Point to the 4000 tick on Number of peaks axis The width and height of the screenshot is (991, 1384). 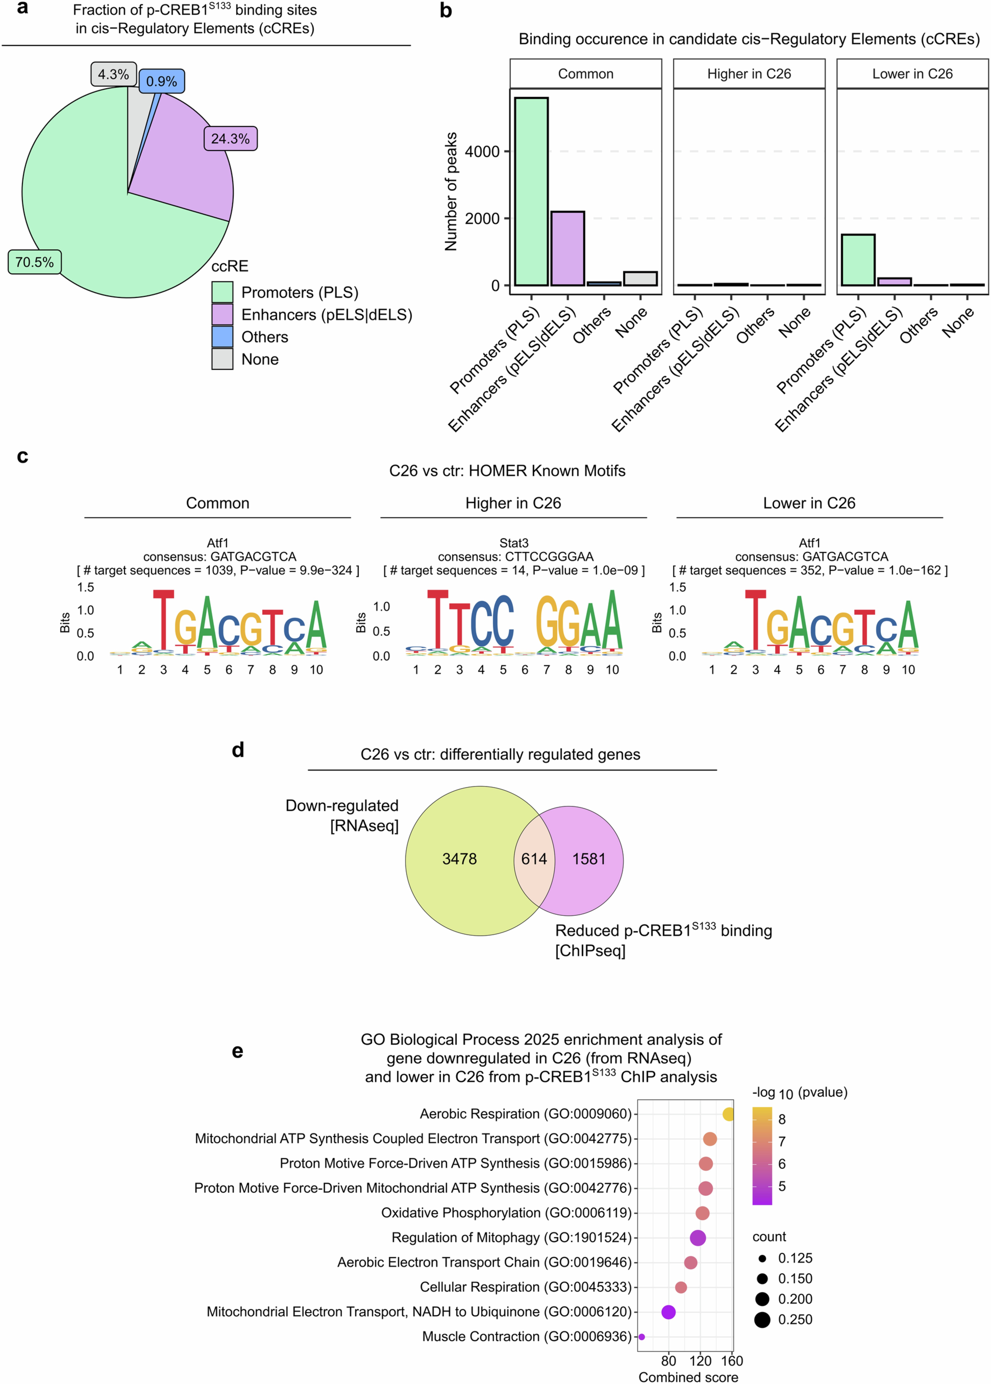click(482, 151)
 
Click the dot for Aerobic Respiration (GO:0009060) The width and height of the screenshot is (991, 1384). click(728, 1114)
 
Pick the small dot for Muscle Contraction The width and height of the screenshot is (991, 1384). click(641, 1336)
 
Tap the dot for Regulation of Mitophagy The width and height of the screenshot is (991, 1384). click(697, 1238)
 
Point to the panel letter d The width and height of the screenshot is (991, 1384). click(238, 750)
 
